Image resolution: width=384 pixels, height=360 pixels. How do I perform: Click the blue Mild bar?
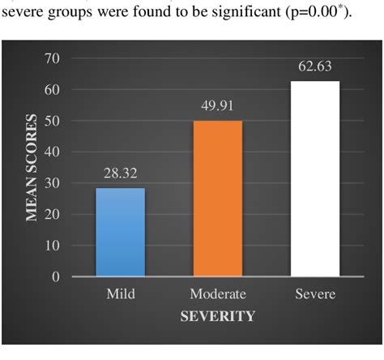click(121, 232)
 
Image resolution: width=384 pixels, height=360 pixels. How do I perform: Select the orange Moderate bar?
click(218, 199)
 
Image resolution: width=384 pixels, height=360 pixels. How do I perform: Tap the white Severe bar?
click(315, 178)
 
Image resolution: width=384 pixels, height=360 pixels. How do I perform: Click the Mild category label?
click(121, 294)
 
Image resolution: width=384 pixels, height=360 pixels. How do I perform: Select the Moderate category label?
click(218, 294)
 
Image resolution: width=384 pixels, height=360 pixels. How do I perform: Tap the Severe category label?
click(315, 294)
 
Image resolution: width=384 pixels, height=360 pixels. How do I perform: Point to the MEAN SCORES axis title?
click(34, 166)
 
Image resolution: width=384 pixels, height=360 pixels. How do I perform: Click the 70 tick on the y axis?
click(54, 58)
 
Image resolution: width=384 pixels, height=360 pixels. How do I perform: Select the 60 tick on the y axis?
click(54, 90)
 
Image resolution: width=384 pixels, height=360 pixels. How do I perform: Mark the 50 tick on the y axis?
click(54, 121)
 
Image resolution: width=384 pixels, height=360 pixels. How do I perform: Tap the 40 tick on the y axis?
click(54, 152)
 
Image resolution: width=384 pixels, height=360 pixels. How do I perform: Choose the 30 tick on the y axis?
click(54, 183)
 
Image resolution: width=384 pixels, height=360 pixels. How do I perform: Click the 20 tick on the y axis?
click(54, 214)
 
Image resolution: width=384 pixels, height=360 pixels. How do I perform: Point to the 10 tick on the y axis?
click(54, 246)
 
